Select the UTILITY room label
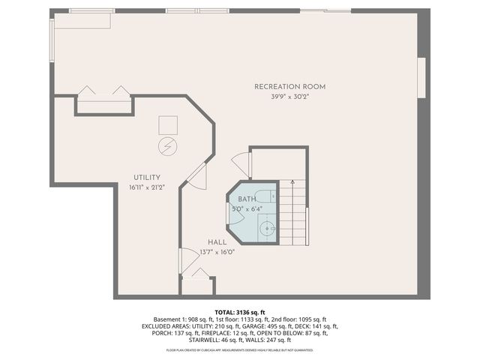tap(147, 177)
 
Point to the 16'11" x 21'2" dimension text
tap(147, 187)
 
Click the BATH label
tap(247, 198)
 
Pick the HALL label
tap(217, 242)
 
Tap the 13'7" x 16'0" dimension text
tap(217, 253)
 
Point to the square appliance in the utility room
tap(168, 124)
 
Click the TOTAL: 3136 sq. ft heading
tap(240, 311)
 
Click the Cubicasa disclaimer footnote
tap(240, 350)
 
